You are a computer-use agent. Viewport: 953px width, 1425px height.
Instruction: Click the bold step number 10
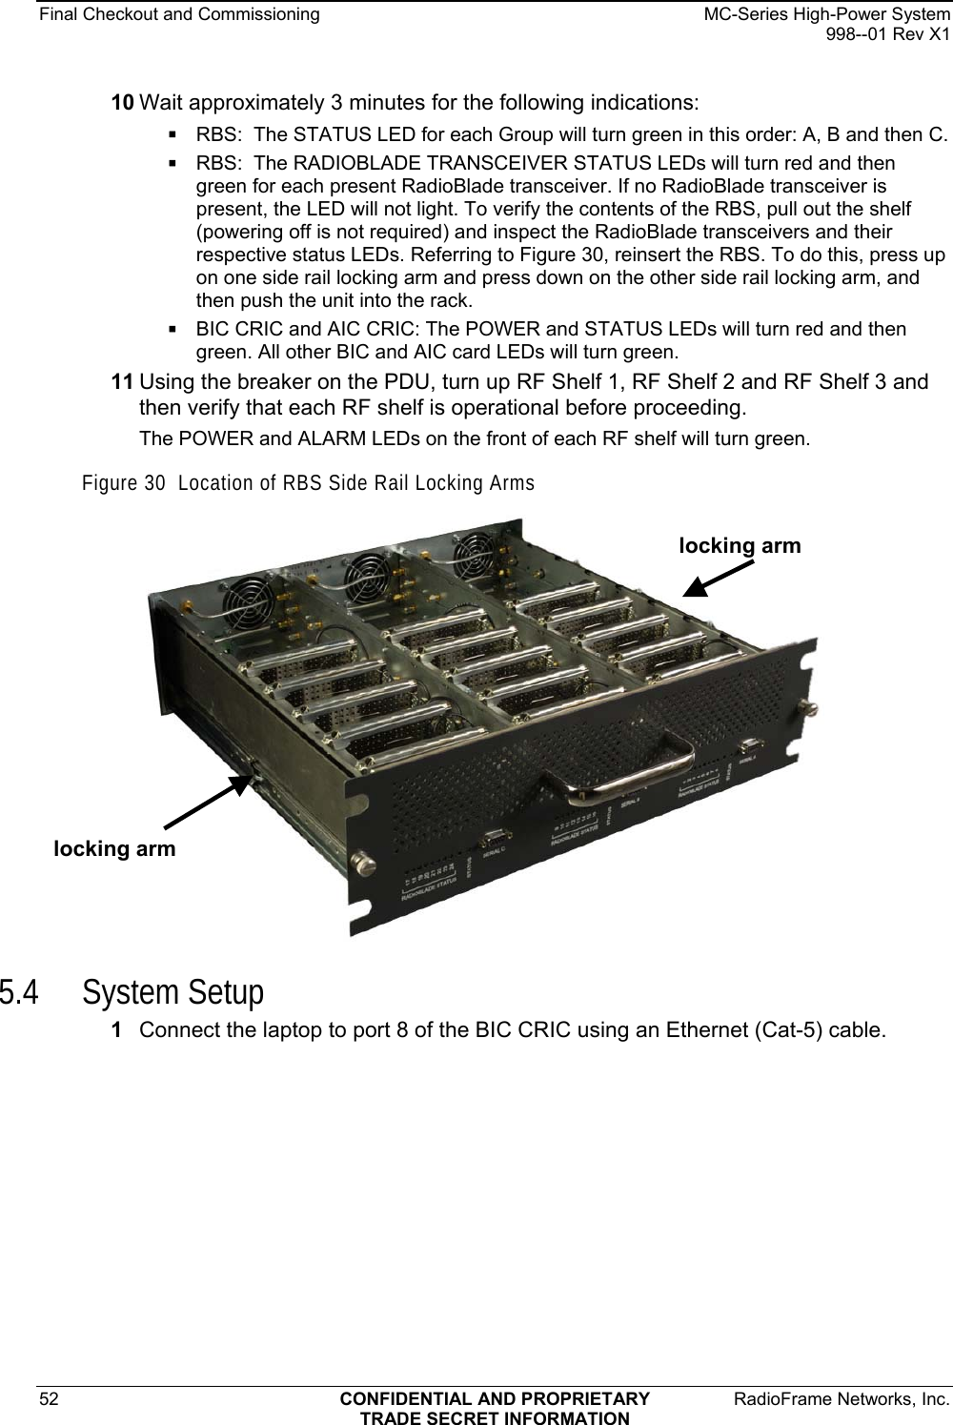point(124,102)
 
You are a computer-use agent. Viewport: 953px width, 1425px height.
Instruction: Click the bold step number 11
point(124,383)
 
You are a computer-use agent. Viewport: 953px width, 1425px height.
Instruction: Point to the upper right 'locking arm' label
point(740,545)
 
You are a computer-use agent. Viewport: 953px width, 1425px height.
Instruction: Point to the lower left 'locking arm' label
point(114,848)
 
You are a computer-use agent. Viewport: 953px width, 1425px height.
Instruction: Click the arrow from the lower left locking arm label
point(205,801)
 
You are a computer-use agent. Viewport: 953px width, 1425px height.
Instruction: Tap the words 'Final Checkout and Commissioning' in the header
point(160,14)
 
